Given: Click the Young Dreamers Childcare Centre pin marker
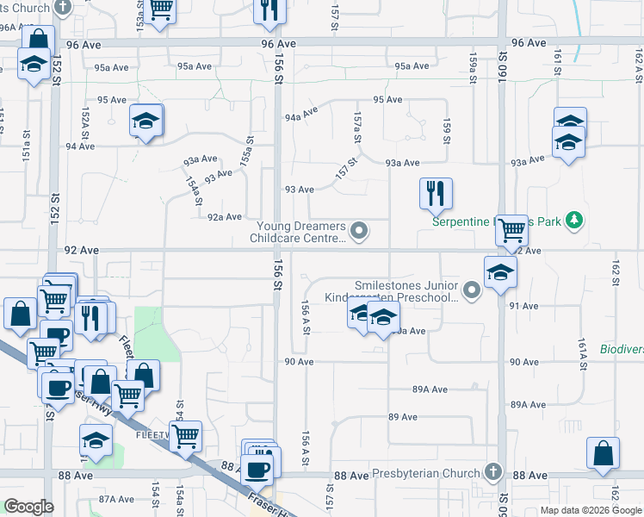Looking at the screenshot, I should pos(361,230).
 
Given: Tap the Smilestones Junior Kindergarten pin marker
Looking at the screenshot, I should pos(471,291).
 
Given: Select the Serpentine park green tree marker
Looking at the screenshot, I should pos(575,221).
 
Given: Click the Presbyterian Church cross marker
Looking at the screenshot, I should pos(492,471).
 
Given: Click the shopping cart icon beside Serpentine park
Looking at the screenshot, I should pos(512,230).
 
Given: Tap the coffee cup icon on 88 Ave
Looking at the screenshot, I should pos(258,470).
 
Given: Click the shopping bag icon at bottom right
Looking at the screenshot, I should pos(604,453).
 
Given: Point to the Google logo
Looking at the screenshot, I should pos(28,507).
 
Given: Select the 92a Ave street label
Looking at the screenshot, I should pos(224,217).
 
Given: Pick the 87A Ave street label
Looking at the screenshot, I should pos(116,499).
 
